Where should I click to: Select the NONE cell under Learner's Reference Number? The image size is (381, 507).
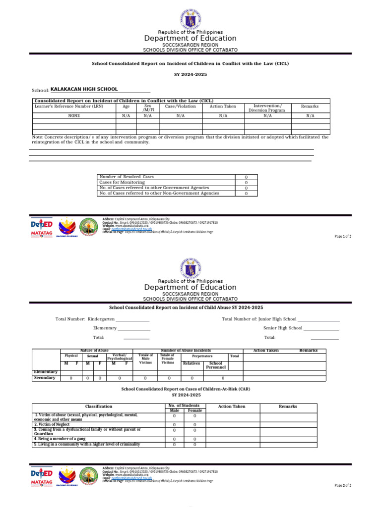[x=74, y=115]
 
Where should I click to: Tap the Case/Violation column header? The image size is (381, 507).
[x=180, y=106]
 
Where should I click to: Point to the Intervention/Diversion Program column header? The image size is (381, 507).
[x=267, y=108]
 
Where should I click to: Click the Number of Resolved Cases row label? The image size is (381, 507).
[x=127, y=177]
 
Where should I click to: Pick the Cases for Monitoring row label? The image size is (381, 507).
[x=122, y=182]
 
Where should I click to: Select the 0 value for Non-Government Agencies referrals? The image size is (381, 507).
[x=246, y=194]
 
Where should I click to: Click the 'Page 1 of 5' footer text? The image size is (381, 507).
[x=343, y=236]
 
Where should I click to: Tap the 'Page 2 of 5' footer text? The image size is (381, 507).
[x=343, y=486]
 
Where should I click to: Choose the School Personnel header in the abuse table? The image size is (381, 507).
[x=216, y=365]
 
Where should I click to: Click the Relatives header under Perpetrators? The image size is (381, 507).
[x=191, y=363]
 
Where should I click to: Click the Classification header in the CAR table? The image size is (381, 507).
[x=99, y=406]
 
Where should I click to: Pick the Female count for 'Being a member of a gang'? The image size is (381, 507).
[x=194, y=439]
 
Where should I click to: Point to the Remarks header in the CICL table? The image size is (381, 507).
[x=310, y=106]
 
